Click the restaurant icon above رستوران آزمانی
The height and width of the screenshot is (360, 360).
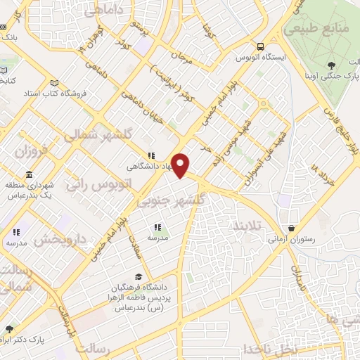point(292,228)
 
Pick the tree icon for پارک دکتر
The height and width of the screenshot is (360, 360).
point(9,329)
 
